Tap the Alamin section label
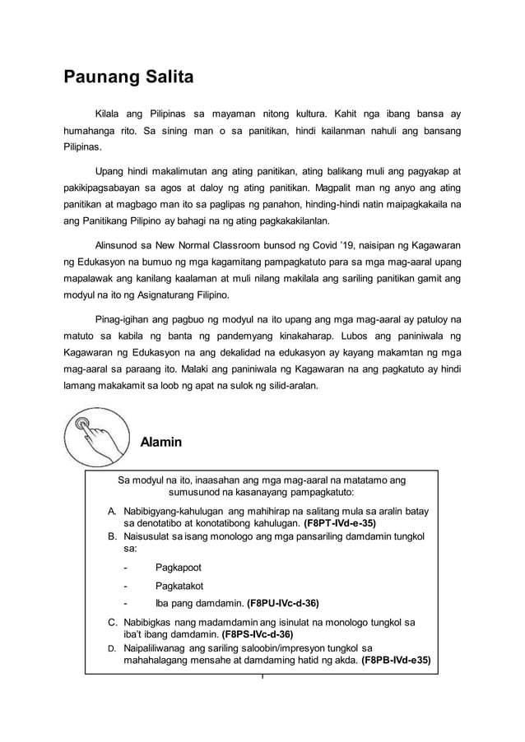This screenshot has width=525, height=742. pyautogui.click(x=161, y=443)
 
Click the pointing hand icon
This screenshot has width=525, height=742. pyautogui.click(x=96, y=436)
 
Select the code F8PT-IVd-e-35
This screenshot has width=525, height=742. pyautogui.click(x=340, y=523)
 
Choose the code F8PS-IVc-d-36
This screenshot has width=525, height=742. pyautogui.click(x=258, y=634)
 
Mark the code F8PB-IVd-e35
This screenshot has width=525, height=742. pyautogui.click(x=395, y=660)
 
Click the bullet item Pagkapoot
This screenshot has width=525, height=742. pyautogui.click(x=178, y=568)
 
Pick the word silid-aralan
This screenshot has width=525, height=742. pyautogui.click(x=289, y=385)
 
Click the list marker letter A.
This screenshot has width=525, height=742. pyautogui.click(x=111, y=512)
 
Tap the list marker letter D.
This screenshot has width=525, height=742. pyautogui.click(x=111, y=648)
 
